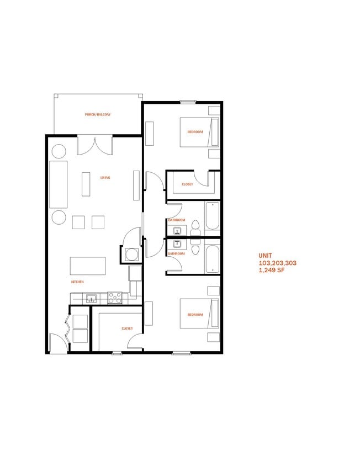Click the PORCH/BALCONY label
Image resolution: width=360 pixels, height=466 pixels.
[x=98, y=115]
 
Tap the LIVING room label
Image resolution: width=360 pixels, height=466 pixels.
[x=105, y=178]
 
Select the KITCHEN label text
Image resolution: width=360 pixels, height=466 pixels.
[x=77, y=282]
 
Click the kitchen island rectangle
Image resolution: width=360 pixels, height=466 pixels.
[x=88, y=266]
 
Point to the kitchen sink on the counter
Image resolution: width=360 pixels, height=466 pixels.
[x=92, y=299]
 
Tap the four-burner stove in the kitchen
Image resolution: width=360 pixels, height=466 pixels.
[x=114, y=298]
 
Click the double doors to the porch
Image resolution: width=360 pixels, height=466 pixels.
[x=94, y=145]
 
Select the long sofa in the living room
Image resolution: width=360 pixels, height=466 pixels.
[x=58, y=184]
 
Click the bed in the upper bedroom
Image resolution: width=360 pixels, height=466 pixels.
[x=196, y=132]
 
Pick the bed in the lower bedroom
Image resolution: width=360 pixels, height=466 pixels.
[x=196, y=315]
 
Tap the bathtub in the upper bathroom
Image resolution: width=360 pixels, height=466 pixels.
[x=212, y=216]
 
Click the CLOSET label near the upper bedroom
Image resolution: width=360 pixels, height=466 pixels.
[x=187, y=184]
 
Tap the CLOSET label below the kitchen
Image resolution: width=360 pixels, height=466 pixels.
[x=127, y=328]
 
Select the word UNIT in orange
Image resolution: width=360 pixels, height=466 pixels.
[x=266, y=256]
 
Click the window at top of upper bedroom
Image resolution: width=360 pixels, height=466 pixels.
[x=188, y=102]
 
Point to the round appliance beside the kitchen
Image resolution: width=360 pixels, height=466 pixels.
[x=131, y=255]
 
